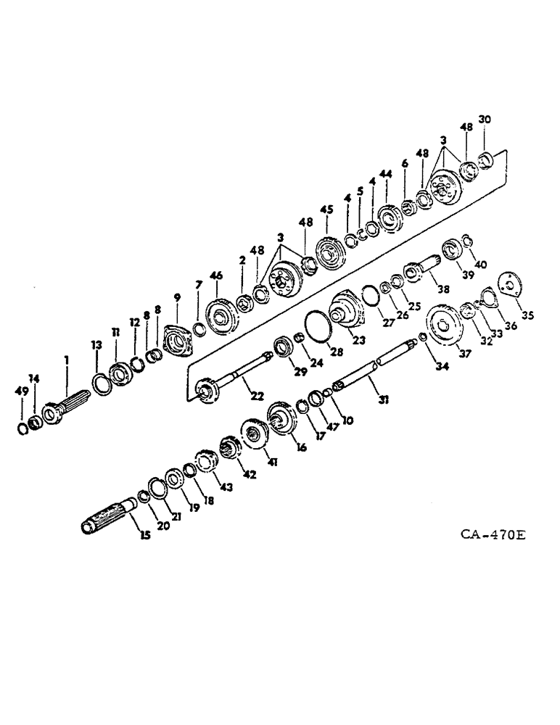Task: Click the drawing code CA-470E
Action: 493,536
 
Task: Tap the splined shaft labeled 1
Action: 65,407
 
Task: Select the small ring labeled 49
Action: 22,430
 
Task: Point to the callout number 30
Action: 485,120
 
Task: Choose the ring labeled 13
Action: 99,380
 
